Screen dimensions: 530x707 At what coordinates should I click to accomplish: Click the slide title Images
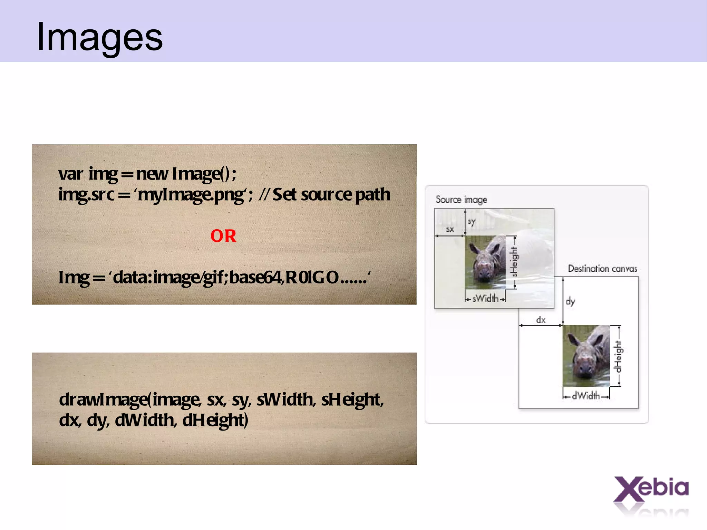click(99, 37)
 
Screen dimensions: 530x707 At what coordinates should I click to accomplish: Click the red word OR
click(223, 236)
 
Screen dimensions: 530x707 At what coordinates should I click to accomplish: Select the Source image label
click(461, 200)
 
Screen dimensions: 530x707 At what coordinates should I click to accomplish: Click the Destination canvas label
click(602, 269)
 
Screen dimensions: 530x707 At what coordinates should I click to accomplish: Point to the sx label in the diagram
click(450, 229)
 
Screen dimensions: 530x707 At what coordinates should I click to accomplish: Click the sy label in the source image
click(472, 221)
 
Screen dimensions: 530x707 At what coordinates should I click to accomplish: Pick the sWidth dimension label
click(485, 298)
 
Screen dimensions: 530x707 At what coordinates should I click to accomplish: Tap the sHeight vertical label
click(514, 262)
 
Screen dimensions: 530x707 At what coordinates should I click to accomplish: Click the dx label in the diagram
click(541, 320)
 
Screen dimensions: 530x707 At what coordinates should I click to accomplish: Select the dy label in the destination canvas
click(570, 301)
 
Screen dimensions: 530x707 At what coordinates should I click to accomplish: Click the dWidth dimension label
click(586, 396)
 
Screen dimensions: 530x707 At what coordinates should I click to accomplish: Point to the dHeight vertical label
click(618, 357)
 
